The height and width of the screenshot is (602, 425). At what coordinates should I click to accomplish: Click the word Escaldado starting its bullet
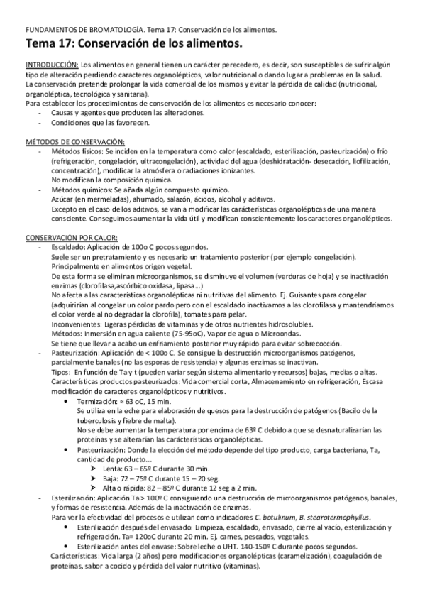coord(67,246)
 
